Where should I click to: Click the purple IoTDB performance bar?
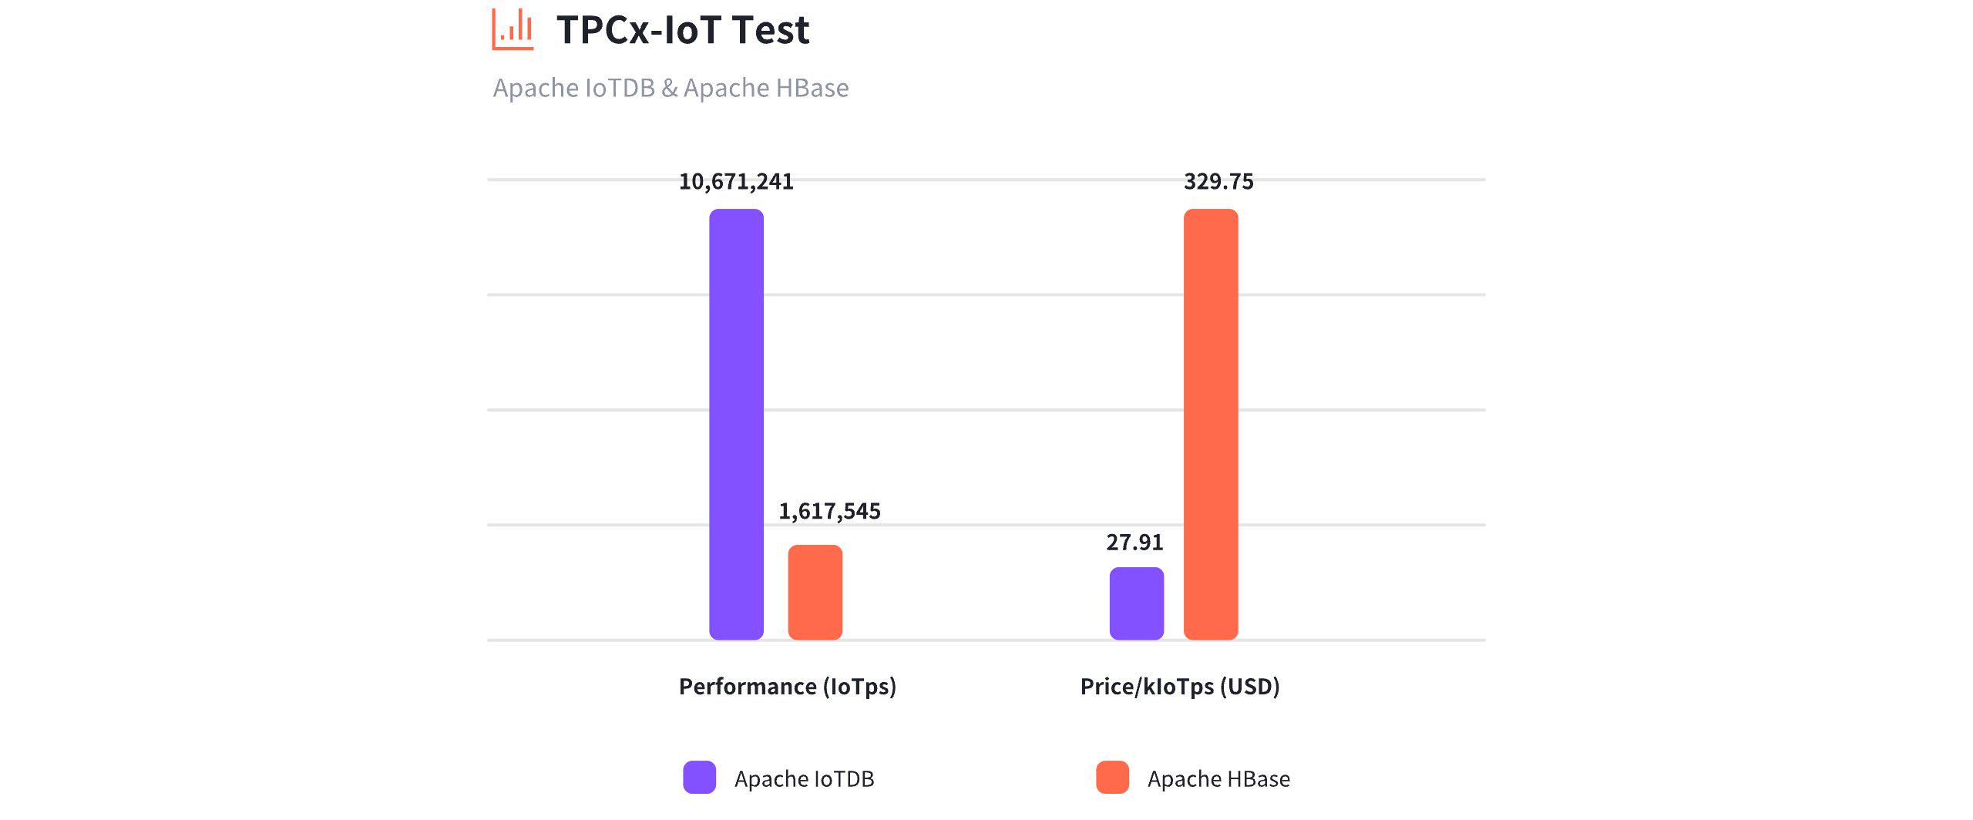coord(736,424)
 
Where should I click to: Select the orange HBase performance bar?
coord(815,592)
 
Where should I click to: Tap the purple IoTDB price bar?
coord(1136,603)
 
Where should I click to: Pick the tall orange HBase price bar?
coord(1211,424)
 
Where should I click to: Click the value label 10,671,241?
coord(736,182)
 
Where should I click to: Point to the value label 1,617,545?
coord(829,512)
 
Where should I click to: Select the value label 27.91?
coord(1134,543)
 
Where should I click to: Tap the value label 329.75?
coord(1218,182)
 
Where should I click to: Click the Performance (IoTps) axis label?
coord(787,687)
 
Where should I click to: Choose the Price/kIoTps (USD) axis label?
coord(1180,687)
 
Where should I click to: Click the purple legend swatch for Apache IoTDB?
coord(699,778)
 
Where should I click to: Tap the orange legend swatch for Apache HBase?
coord(1112,778)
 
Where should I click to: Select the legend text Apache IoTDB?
coord(804,779)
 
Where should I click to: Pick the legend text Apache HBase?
coord(1218,779)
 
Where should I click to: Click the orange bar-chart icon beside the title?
coord(513,29)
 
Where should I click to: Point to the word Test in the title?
coord(771,31)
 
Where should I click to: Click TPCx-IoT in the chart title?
coord(639,31)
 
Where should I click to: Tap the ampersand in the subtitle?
coord(669,88)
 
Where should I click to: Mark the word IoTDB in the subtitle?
coord(620,88)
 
